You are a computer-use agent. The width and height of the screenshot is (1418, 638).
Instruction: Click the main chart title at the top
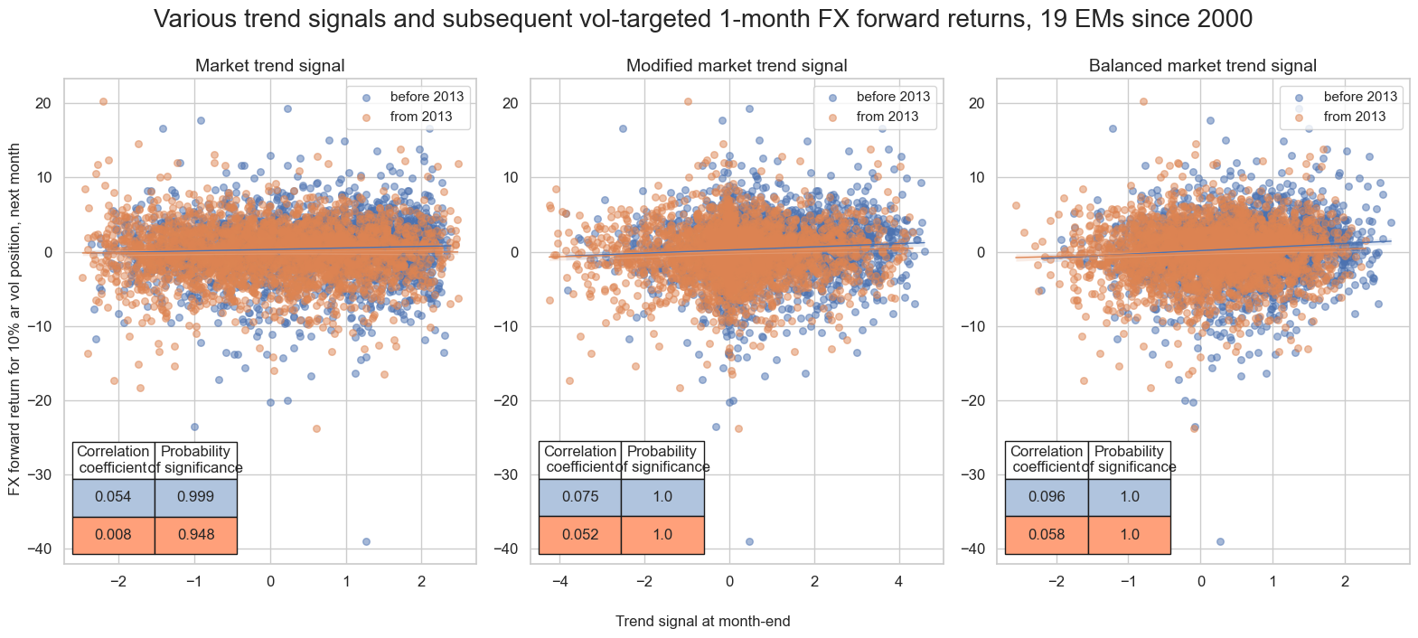tap(703, 19)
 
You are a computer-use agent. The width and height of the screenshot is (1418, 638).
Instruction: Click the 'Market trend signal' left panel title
tap(269, 65)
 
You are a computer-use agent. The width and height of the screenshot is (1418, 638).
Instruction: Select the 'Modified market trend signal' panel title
tap(737, 65)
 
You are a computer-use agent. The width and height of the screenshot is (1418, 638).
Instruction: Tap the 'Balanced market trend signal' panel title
tap(1202, 65)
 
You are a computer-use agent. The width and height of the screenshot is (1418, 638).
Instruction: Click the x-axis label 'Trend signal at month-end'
tap(702, 622)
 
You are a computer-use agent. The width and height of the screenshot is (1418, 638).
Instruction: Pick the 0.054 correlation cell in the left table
tap(113, 497)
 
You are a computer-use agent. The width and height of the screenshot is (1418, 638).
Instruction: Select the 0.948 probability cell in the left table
tap(196, 535)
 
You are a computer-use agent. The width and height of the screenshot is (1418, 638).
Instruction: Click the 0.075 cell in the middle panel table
tap(579, 497)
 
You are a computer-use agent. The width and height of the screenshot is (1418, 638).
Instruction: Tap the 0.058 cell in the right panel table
tap(1047, 535)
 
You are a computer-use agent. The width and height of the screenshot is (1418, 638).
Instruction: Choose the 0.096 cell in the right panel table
tap(1047, 497)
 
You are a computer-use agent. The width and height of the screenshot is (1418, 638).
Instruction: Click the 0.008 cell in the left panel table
tap(113, 535)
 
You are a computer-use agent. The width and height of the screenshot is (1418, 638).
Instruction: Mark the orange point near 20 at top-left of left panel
tap(103, 101)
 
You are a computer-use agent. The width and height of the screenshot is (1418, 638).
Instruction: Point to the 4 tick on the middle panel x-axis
tap(898, 581)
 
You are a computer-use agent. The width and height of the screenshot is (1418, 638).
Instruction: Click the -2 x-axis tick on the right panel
tap(1056, 581)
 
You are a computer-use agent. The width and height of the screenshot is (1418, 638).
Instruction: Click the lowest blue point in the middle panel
tap(748, 541)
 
